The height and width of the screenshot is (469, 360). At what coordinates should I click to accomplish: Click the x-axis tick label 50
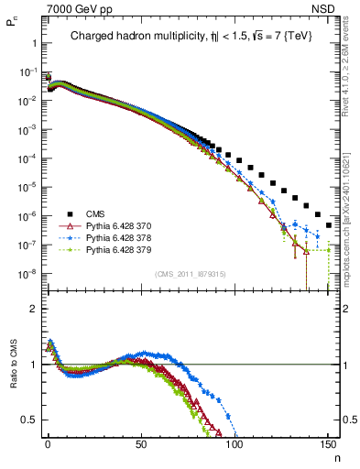[x=141, y=446]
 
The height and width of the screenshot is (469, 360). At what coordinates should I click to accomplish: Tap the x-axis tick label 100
[x=235, y=446]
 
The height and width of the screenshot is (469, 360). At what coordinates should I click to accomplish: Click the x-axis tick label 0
[x=48, y=446]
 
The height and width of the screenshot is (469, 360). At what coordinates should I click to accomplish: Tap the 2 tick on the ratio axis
[x=33, y=309]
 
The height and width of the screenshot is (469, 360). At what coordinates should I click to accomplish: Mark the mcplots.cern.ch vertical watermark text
[x=351, y=220]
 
